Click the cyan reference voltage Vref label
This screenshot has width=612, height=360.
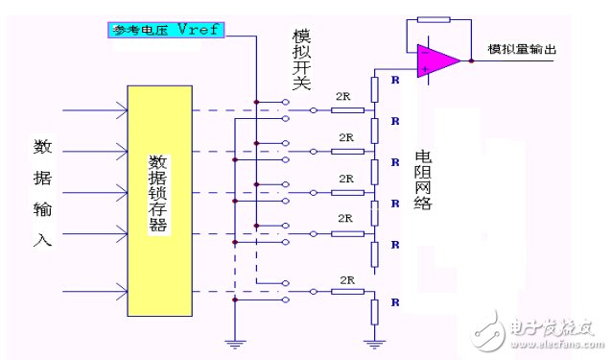[166, 30]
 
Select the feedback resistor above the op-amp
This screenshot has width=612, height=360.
[434, 19]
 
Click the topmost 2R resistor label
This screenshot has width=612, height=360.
[343, 97]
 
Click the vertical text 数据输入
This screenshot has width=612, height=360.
[42, 192]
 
